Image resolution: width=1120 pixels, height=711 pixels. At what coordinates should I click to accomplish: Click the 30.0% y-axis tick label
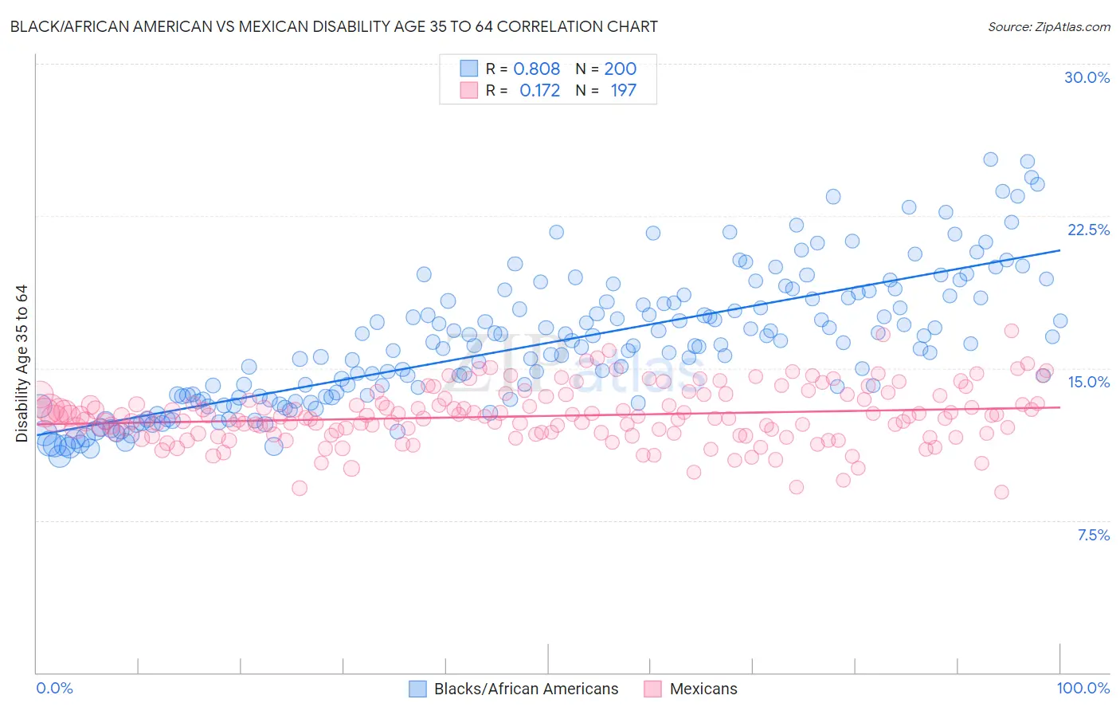tap(1087, 77)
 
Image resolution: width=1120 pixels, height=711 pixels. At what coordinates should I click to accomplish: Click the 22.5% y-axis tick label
tap(1088, 230)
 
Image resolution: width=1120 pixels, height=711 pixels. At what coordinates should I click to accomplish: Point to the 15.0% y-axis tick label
tap(1088, 382)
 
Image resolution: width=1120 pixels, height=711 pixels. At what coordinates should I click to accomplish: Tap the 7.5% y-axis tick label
tap(1093, 535)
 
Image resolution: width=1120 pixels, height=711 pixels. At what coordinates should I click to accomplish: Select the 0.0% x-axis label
tap(54, 688)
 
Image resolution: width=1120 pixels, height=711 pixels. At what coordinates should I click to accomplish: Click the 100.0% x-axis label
tap(1083, 688)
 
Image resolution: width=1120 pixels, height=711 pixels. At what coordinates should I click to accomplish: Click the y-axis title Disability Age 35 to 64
tap(22, 363)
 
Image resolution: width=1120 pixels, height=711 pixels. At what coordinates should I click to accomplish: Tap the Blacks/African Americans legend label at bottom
tap(526, 689)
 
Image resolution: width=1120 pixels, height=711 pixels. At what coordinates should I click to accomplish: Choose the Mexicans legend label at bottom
tap(703, 689)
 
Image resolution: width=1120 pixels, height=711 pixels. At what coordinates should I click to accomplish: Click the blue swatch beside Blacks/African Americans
tap(418, 689)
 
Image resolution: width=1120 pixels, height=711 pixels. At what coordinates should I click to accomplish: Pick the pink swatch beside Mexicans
tap(653, 689)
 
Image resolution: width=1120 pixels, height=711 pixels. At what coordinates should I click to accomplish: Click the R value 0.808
tap(536, 69)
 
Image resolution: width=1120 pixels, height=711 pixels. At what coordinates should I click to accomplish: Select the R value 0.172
tap(539, 90)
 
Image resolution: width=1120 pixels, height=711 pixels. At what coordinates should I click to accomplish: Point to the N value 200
tap(620, 69)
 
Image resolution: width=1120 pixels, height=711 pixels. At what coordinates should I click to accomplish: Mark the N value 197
tap(623, 90)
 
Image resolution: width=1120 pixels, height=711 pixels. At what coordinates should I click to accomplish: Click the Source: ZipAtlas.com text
tap(1048, 26)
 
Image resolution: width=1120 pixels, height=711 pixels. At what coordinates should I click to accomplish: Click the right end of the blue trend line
tap(1059, 250)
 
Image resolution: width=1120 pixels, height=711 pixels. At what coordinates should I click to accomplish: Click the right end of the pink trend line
tap(1059, 407)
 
